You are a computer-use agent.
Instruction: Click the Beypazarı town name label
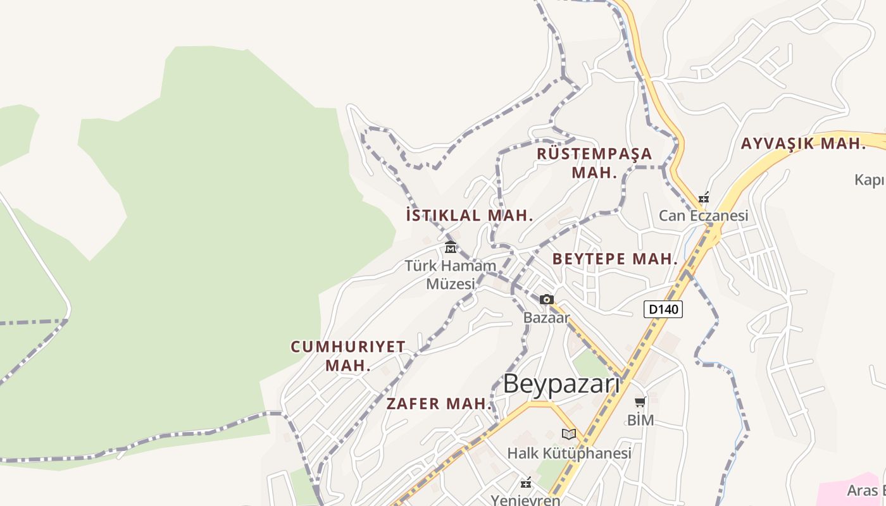coord(561,385)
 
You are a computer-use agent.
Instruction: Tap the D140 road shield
coord(663,309)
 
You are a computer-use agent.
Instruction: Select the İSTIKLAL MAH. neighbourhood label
coord(469,215)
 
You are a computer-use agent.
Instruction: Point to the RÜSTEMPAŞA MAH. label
coord(594,163)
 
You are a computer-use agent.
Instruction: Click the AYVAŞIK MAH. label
coord(803,144)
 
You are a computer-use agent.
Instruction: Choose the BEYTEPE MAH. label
coord(615,259)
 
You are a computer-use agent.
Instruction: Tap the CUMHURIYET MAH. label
coord(348,355)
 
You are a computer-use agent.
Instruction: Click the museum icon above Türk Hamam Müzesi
coord(451,247)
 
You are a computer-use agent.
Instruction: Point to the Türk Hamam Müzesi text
coord(451,275)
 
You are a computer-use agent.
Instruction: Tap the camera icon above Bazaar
coord(547,299)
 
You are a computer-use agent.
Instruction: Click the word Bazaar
coord(547,318)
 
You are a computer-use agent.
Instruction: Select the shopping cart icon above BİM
coord(640,402)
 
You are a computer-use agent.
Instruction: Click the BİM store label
coord(640,420)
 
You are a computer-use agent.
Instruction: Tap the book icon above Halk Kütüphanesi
coord(569,435)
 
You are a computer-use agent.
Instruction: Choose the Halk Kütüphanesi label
coord(569,454)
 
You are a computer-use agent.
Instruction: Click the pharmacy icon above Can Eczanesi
coord(703,197)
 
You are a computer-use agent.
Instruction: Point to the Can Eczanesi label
coord(703,216)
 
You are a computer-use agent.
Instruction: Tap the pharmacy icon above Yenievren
coord(525,483)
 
